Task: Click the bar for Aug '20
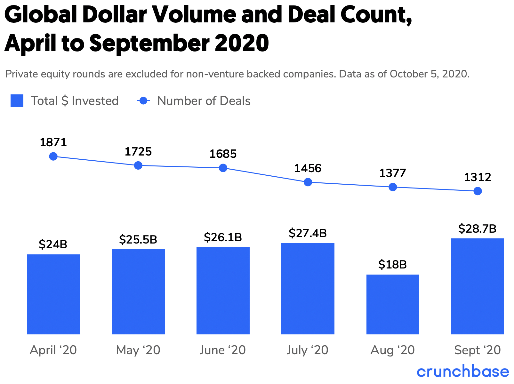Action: click(393, 304)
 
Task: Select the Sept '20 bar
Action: click(478, 286)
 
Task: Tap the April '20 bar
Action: click(53, 294)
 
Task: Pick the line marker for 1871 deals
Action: click(53, 156)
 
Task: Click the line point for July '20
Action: click(308, 182)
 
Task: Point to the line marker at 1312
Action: click(478, 191)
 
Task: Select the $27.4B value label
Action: click(308, 233)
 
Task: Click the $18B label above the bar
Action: click(392, 265)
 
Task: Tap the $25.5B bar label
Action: click(138, 239)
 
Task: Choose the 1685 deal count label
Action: click(223, 154)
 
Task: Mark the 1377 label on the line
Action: click(392, 173)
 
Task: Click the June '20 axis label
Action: click(222, 350)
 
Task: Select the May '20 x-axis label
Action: click(138, 350)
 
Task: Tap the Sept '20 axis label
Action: click(477, 350)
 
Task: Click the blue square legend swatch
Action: click(17, 101)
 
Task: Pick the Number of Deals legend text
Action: click(204, 101)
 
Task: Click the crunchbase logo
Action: click(463, 372)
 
